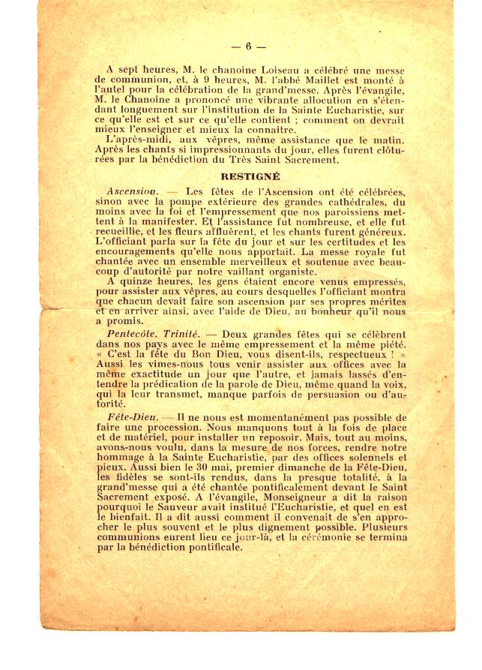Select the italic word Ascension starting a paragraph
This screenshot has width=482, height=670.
click(132, 192)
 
